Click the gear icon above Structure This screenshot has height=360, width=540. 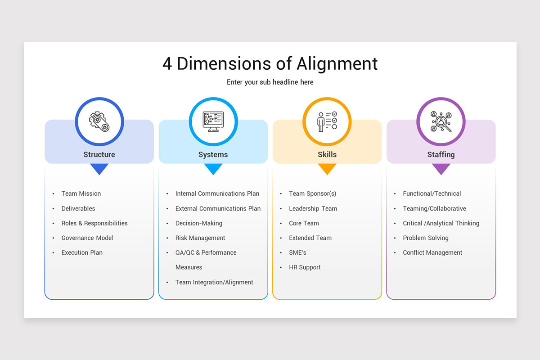click(99, 121)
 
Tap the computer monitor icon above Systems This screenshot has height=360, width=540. click(213, 121)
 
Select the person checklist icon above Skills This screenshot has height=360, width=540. click(327, 121)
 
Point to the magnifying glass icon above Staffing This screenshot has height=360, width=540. click(441, 121)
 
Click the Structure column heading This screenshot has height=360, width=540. click(99, 154)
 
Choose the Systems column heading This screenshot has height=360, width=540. click(213, 154)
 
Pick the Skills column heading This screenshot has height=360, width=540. click(327, 154)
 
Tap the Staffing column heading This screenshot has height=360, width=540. click(441, 154)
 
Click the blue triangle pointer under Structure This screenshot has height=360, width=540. click(99, 169)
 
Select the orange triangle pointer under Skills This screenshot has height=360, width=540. click(327, 169)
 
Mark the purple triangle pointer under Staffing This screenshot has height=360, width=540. click(441, 169)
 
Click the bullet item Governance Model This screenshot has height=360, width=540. click(87, 238)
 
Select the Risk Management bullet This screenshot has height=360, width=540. click(200, 238)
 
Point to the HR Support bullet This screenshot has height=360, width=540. click(305, 267)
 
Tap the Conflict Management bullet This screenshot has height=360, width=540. click(432, 253)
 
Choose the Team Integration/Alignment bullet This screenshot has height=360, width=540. click(214, 282)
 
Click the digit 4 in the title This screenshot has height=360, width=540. click(167, 63)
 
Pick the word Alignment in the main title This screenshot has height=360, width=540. click(337, 64)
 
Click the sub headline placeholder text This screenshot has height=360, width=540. click(270, 82)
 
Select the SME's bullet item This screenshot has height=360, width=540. click(297, 253)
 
